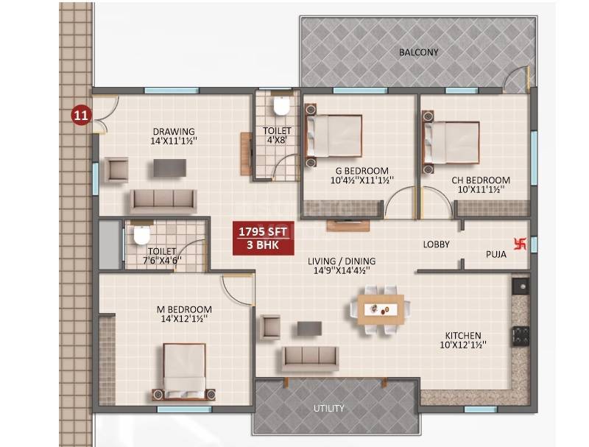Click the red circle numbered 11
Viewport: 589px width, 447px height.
pos(80,115)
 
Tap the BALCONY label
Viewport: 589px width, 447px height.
pos(419,52)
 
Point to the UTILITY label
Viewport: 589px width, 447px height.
pos(328,408)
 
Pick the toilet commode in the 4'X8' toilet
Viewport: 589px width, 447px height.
pos(281,107)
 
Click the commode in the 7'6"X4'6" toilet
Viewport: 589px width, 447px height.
pos(141,234)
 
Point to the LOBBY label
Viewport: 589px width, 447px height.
pos(437,244)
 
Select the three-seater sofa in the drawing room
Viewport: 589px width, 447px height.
pos(163,200)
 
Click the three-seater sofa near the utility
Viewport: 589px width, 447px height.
pos(310,357)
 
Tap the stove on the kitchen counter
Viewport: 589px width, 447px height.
pos(521,335)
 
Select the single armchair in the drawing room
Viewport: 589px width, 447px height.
pos(116,170)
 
